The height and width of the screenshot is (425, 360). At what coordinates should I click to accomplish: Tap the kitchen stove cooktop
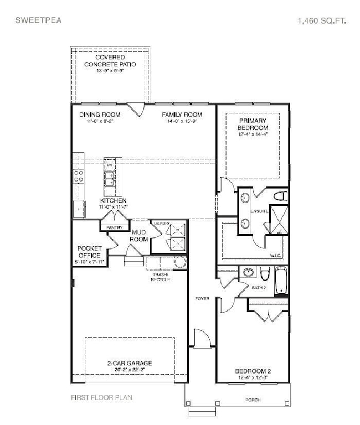(x=78, y=175)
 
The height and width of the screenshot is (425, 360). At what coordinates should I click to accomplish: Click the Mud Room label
(x=138, y=236)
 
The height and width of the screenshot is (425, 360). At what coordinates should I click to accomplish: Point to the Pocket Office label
(x=89, y=252)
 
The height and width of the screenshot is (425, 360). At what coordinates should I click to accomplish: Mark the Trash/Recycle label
(x=160, y=277)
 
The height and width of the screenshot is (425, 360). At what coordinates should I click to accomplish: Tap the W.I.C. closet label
(x=275, y=255)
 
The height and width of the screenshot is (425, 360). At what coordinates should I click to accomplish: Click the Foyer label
(x=202, y=298)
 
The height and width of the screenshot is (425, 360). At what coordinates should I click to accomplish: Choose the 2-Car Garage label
(x=130, y=364)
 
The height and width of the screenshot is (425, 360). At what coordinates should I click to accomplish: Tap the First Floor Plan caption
(x=101, y=397)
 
